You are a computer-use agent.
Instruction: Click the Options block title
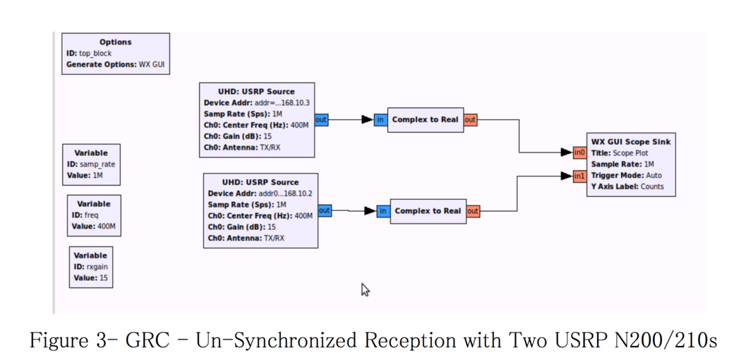pyautogui.click(x=115, y=42)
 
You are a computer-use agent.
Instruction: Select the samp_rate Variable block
pyautogui.click(x=91, y=164)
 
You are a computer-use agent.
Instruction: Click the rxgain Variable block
pyautogui.click(x=90, y=267)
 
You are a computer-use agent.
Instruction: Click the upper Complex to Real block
pyautogui.click(x=425, y=120)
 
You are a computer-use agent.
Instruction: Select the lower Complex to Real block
pyautogui.click(x=428, y=211)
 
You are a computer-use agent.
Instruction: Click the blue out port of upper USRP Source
pyautogui.click(x=321, y=120)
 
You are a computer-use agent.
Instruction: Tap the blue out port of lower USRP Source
pyautogui.click(x=324, y=210)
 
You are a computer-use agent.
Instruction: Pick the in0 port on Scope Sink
pyautogui.click(x=579, y=152)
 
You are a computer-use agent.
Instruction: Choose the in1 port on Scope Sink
pyautogui.click(x=579, y=176)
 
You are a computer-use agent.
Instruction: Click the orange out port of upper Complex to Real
pyautogui.click(x=470, y=120)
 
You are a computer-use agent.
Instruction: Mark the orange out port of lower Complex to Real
pyautogui.click(x=473, y=211)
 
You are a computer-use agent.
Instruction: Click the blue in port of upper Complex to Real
pyautogui.click(x=380, y=120)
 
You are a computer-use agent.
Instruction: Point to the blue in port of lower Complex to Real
pyautogui.click(x=382, y=211)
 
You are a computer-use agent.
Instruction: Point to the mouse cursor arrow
pyautogui.click(x=365, y=289)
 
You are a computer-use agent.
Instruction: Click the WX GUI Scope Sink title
pyautogui.click(x=630, y=142)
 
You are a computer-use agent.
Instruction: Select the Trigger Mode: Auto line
pyautogui.click(x=626, y=176)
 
